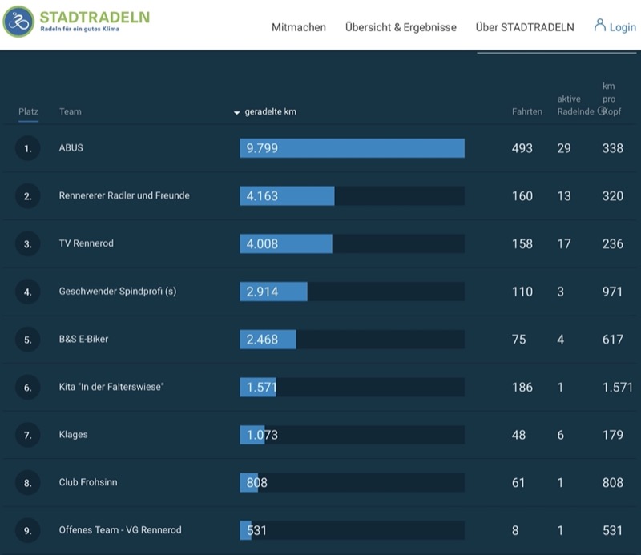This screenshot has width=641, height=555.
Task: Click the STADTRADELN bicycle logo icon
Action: (18, 22)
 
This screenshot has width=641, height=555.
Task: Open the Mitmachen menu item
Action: (299, 27)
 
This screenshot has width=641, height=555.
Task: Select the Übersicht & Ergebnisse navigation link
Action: (401, 27)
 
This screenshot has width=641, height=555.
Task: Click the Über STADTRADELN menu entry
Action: (525, 27)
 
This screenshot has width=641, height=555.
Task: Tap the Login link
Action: (615, 26)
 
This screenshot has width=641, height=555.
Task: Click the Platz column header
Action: (28, 111)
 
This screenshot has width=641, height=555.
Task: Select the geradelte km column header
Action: (270, 111)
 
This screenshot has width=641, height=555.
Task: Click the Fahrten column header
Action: (527, 111)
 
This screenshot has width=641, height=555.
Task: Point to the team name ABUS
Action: (71, 147)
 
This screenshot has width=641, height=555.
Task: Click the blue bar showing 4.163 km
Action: (287, 195)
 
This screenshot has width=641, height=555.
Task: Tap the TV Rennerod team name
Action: (87, 243)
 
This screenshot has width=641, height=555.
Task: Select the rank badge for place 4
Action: (27, 292)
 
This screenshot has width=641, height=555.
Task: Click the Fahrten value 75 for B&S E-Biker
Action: (518, 340)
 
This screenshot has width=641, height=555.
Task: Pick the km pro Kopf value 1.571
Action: (617, 387)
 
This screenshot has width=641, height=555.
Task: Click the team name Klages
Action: (73, 434)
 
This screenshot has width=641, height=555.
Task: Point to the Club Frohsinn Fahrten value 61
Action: (518, 483)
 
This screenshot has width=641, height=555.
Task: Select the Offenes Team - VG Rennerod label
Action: (120, 529)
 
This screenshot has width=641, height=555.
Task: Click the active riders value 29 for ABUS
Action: (564, 148)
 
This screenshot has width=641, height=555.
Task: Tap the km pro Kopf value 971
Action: (612, 292)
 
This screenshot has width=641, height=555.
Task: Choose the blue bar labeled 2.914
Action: (273, 292)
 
